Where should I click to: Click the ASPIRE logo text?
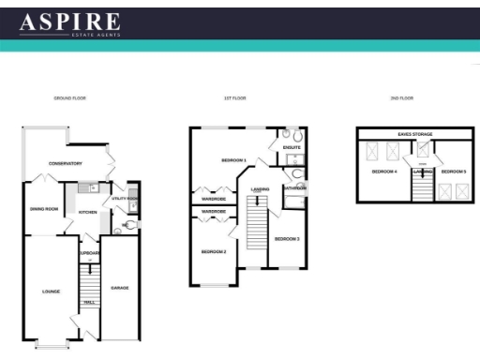point(69,22)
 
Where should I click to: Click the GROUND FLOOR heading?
point(70,97)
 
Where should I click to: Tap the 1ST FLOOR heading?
point(233,97)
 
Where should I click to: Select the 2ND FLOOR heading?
point(402,97)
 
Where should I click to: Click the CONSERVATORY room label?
point(66,163)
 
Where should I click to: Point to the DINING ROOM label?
point(44,208)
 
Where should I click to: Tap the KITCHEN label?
point(88,213)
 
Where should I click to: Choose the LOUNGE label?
point(51,292)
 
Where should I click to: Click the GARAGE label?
point(120,287)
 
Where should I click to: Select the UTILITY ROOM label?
point(125,199)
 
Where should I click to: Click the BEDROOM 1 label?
point(233,160)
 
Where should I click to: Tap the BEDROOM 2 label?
point(214,251)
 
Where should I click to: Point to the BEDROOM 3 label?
point(286,239)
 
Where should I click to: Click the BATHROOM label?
point(295,187)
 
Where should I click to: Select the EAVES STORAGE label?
point(414,134)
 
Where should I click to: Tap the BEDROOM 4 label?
point(384,172)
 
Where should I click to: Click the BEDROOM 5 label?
point(454,172)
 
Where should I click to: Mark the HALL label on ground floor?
point(89,302)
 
